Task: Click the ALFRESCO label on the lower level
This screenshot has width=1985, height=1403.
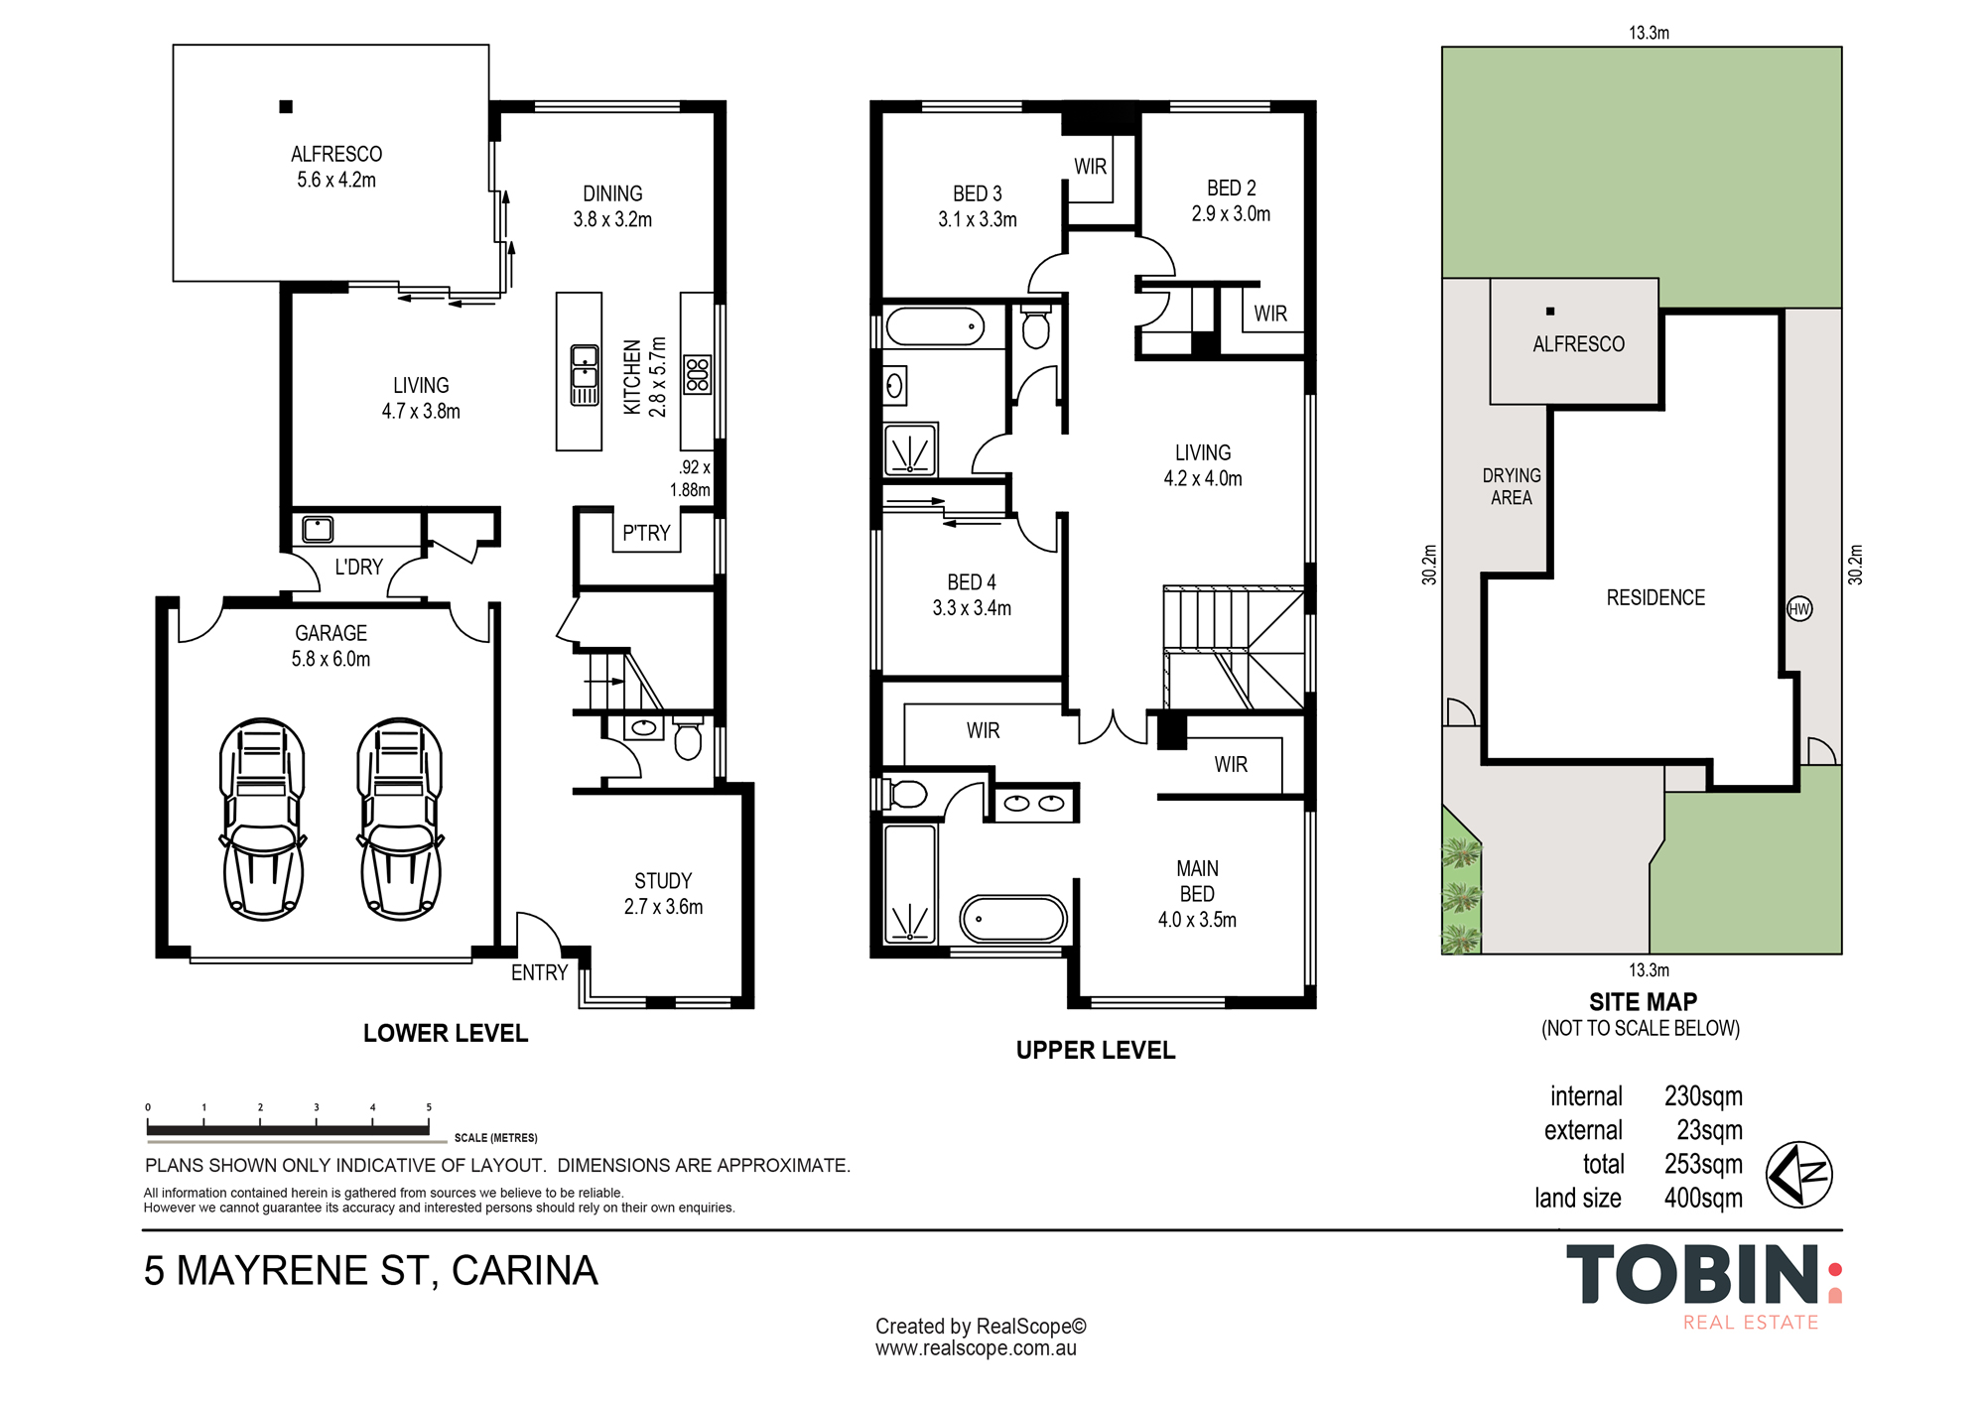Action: point(336,154)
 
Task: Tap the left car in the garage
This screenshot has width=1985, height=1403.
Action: point(262,820)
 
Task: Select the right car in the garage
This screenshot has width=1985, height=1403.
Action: point(400,820)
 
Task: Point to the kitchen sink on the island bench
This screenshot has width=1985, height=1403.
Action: point(585,375)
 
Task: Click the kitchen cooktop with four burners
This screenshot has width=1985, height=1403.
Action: point(698,375)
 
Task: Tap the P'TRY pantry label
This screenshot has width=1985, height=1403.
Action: point(646,533)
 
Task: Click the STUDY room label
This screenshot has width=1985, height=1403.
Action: point(663,881)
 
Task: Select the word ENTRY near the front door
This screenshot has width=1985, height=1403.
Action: point(539,972)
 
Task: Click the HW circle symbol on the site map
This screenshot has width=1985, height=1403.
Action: point(1799,609)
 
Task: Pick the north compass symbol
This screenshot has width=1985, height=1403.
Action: point(1798,1175)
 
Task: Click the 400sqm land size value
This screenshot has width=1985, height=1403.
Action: point(1703,1198)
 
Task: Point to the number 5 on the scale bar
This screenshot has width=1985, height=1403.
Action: point(429,1107)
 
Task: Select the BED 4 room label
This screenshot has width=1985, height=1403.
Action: point(972,582)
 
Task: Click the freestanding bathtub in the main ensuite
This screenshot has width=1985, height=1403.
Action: point(1013,919)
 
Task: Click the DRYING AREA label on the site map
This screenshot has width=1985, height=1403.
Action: point(1512,486)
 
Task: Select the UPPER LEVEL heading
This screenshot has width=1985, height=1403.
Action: point(1096,1050)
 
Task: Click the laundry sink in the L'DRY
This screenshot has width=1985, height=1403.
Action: point(318,529)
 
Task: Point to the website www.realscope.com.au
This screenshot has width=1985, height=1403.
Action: point(976,1348)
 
